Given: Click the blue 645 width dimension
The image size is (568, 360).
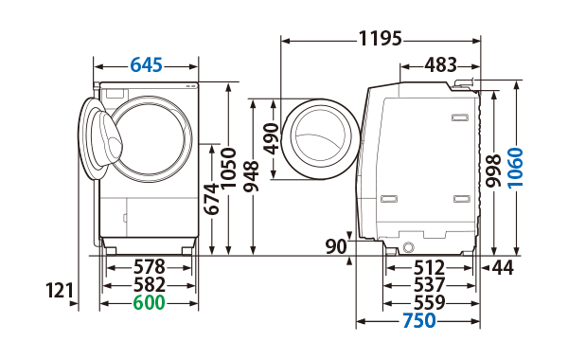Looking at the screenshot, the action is [x=147, y=65].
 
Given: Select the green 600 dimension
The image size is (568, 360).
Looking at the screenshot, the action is [x=149, y=302].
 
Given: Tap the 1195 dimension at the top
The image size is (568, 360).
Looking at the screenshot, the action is [x=381, y=39].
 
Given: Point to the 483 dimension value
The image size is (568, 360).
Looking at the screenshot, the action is [x=440, y=65].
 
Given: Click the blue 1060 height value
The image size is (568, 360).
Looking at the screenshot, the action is [x=515, y=167].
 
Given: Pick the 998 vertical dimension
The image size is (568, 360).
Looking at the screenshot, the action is [x=493, y=171].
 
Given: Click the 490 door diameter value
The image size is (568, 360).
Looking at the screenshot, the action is [x=271, y=139].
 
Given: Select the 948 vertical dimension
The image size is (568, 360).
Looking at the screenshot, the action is [x=251, y=176].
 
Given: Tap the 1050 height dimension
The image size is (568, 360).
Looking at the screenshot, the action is [x=228, y=169].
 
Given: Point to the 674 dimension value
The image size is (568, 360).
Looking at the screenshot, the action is [x=211, y=199].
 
